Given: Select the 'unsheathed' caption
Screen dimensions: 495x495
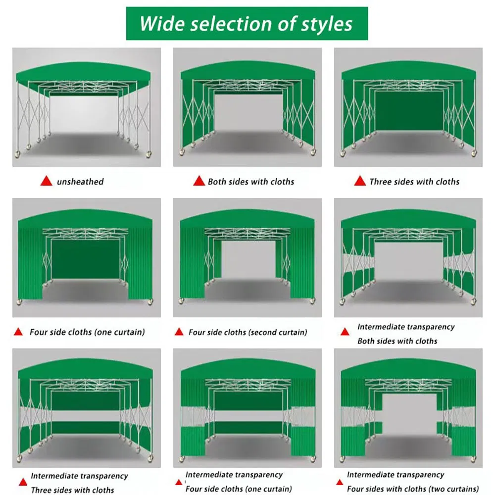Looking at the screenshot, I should tap(80, 182).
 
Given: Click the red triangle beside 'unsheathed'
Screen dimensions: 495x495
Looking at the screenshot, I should tap(46, 181).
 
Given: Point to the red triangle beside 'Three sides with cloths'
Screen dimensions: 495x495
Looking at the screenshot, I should tap(359, 181).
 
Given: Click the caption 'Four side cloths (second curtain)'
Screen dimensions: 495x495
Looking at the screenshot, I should tap(247, 332).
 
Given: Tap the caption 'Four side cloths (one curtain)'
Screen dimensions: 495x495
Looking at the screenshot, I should tap(87, 332).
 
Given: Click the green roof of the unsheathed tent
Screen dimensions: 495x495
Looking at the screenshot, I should tap(86, 74).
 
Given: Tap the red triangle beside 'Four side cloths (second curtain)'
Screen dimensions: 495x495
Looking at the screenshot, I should tap(179, 332).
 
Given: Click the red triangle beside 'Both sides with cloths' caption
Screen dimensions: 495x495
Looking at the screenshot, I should tap(199, 181).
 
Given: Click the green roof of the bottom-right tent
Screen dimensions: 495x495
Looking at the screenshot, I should tap(408, 369).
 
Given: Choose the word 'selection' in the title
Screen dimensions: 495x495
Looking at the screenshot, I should tap(227, 24).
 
